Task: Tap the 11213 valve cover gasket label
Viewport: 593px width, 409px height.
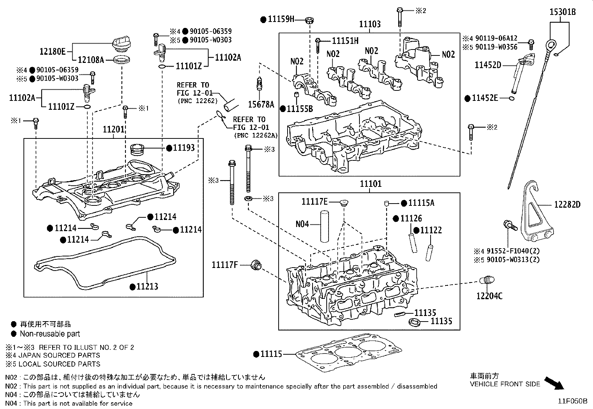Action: pyautogui.click(x=147, y=287)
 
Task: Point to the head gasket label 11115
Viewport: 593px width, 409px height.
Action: pyautogui.click(x=271, y=354)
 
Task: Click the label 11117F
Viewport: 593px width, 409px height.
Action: pyautogui.click(x=225, y=265)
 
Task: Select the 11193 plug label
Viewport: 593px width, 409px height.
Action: pyautogui.click(x=184, y=148)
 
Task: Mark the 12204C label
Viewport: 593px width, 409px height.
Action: pyautogui.click(x=489, y=296)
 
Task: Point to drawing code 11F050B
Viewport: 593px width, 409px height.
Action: pyautogui.click(x=572, y=401)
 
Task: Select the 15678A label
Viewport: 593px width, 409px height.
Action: pyautogui.click(x=261, y=105)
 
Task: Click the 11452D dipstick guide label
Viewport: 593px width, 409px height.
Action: pyautogui.click(x=488, y=65)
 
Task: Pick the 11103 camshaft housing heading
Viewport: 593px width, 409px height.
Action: pyautogui.click(x=370, y=25)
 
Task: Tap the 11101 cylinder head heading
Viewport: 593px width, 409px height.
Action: pyautogui.click(x=371, y=184)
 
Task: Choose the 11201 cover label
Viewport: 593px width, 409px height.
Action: pyautogui.click(x=113, y=130)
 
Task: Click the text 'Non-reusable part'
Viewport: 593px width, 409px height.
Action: pyautogui.click(x=50, y=334)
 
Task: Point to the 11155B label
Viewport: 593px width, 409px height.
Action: pyautogui.click(x=299, y=109)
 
